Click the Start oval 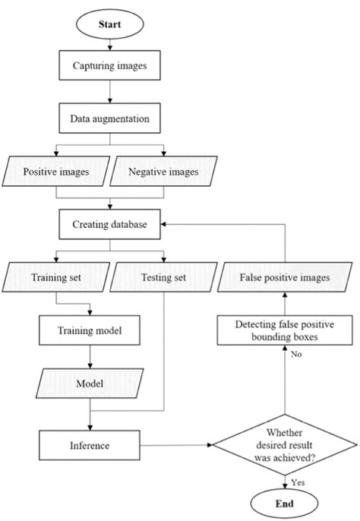point(110,24)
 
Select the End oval point(284,502)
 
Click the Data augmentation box point(110,119)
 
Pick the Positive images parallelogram point(57,172)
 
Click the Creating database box point(110,225)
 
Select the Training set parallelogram point(57,278)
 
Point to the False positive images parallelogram point(285,278)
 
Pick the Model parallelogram point(90,384)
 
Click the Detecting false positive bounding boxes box point(285,331)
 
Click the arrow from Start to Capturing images point(110,45)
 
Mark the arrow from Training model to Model point(90,358)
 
